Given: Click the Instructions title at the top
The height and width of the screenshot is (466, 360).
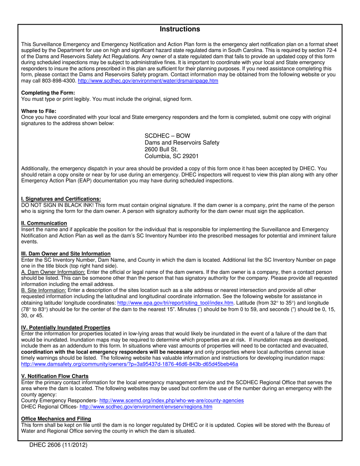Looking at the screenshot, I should click(180, 29).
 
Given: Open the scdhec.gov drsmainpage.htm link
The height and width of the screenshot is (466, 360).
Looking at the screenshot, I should click(148, 81).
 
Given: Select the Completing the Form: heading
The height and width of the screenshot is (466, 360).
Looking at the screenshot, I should click(48, 93).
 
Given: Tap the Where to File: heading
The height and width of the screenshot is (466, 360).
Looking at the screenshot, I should click(39, 111).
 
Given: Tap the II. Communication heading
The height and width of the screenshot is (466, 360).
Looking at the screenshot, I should click(44, 223).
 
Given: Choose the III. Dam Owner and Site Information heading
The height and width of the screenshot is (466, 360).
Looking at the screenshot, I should click(66, 253).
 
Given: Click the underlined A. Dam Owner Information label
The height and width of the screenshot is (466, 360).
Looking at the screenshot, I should click(53, 272).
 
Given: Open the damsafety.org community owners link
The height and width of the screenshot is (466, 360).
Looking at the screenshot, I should click(130, 364).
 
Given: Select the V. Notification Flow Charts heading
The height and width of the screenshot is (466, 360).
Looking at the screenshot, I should click(55, 376).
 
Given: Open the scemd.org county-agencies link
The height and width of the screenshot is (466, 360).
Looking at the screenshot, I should click(171, 400).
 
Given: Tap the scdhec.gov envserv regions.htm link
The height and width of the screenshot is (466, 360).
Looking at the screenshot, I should click(146, 407).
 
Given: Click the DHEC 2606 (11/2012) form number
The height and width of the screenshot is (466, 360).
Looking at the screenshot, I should click(58, 446).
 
